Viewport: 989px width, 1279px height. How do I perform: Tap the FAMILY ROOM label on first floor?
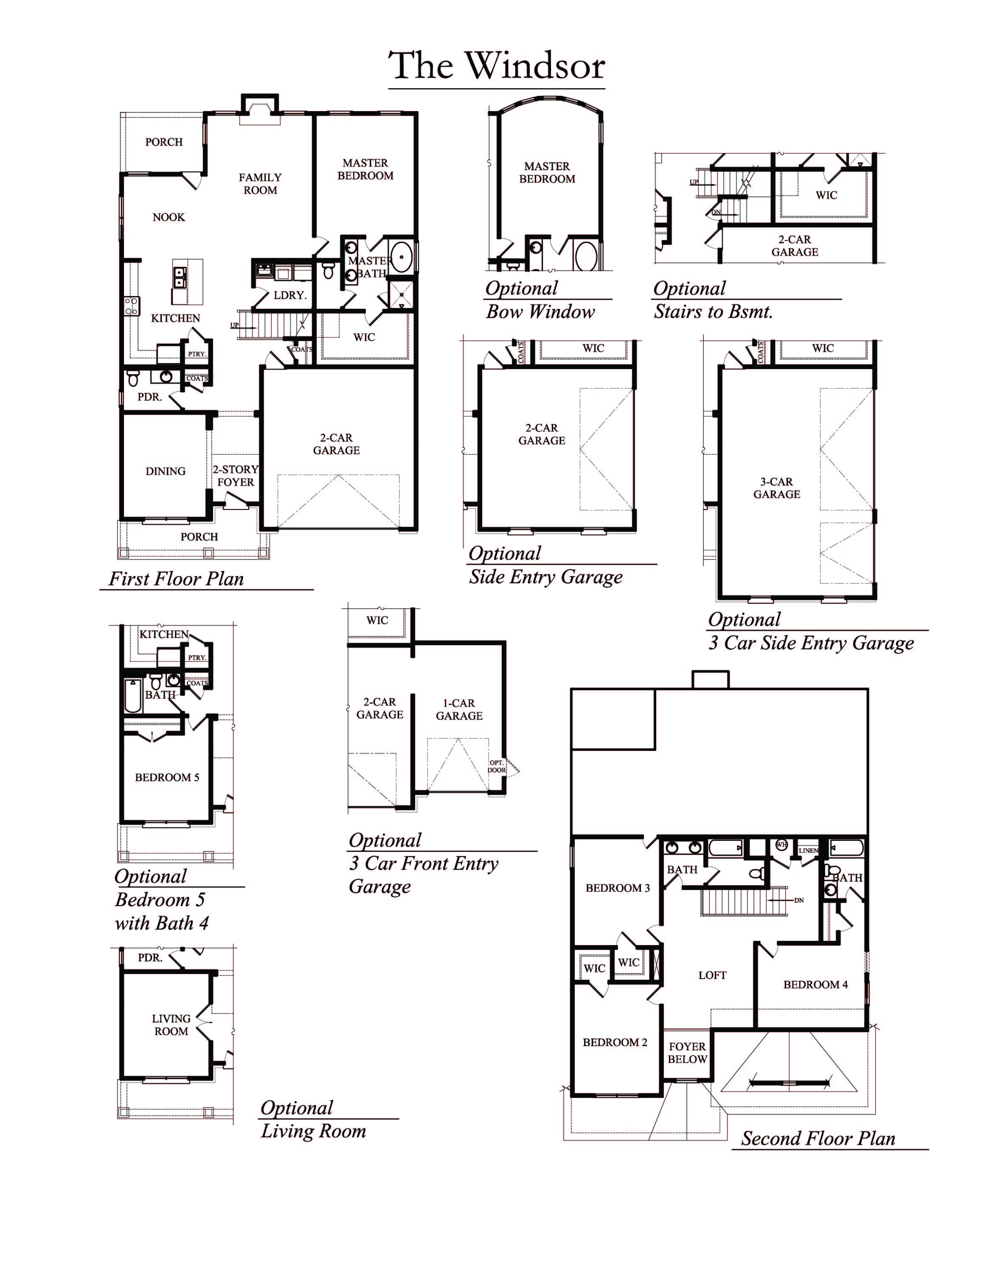[x=260, y=183]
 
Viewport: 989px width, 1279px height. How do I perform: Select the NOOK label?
[x=169, y=217]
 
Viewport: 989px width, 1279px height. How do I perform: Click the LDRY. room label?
[x=290, y=295]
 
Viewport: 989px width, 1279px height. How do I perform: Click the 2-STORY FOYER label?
[x=236, y=476]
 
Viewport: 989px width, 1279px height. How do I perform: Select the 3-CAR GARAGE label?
[x=776, y=488]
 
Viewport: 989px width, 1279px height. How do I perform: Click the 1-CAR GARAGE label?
[x=459, y=709]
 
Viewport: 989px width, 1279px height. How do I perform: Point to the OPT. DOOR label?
[x=497, y=766]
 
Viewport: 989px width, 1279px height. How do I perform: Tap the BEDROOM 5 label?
[x=167, y=777]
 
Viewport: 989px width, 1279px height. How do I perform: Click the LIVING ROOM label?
[x=171, y=1025]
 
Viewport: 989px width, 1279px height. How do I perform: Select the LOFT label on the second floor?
[x=712, y=975]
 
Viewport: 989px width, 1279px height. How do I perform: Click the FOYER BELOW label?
[x=687, y=1052]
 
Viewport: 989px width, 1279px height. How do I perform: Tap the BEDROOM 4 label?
[x=815, y=985]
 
